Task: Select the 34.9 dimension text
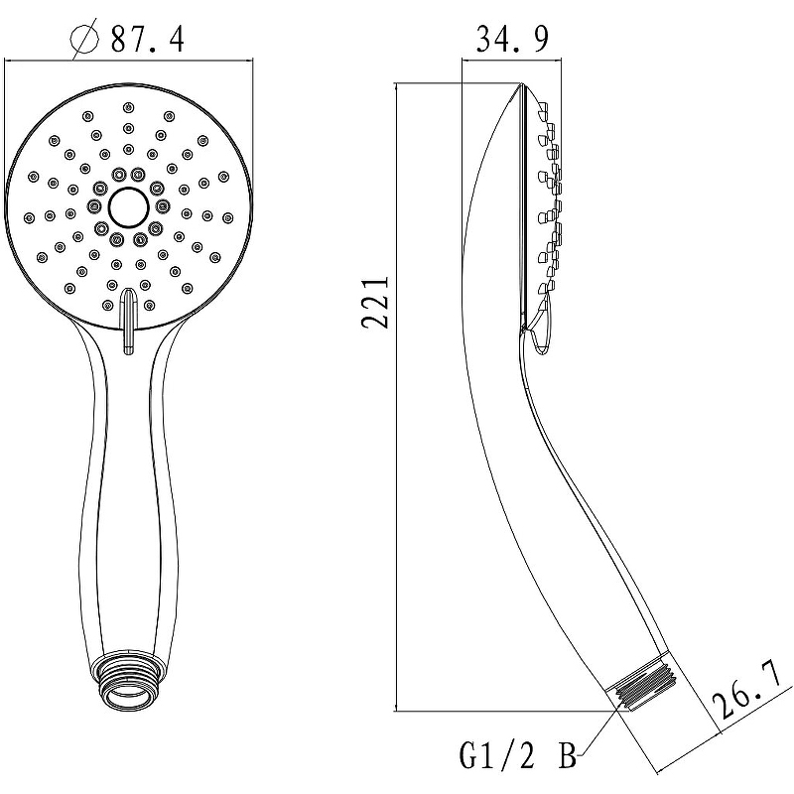512,39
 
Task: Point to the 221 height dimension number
376,303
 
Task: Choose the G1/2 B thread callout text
518,755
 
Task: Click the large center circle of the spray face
129,207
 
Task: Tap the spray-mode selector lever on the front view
129,320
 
